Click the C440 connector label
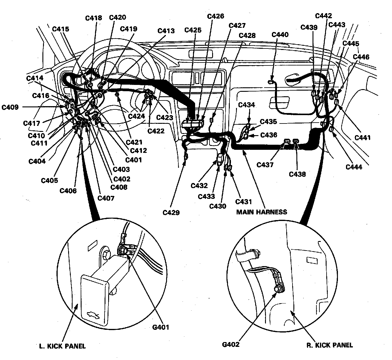[280, 35]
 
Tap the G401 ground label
[160, 327]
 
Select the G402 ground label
[231, 344]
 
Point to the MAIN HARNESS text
[261, 212]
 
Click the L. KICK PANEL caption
[62, 346]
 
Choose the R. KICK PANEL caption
[330, 345]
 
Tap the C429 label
[171, 213]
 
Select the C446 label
[361, 57]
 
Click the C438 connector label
[297, 174]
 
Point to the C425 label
[193, 30]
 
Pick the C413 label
[166, 31]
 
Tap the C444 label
[354, 167]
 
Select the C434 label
[246, 105]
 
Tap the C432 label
[199, 186]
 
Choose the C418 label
[94, 18]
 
